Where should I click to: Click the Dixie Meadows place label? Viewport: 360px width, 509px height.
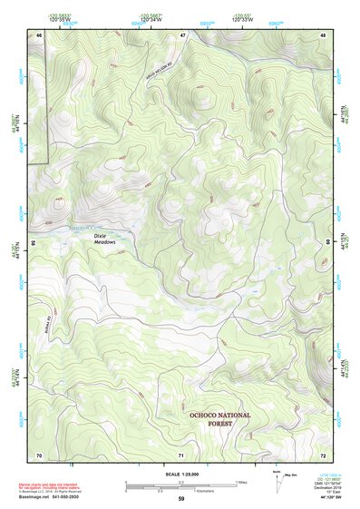coord(106,239)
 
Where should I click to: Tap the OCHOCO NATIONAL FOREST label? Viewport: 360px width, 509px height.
coord(219,418)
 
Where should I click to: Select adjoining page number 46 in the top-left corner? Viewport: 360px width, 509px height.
coord(39,34)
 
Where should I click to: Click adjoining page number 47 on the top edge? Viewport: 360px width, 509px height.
coord(181,34)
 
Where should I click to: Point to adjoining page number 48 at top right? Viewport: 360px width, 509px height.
coord(323,34)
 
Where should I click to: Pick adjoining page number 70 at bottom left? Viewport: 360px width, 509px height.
coord(39,454)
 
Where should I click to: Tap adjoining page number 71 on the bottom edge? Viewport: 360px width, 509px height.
coord(181,454)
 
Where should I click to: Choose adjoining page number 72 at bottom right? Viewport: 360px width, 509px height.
coord(323,454)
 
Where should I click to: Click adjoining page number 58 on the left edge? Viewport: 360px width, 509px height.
coord(34,243)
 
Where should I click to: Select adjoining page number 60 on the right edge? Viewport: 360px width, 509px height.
coord(328,243)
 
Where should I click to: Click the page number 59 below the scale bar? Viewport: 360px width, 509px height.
coord(181,499)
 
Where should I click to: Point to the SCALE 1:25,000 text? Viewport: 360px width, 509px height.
coord(181,475)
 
